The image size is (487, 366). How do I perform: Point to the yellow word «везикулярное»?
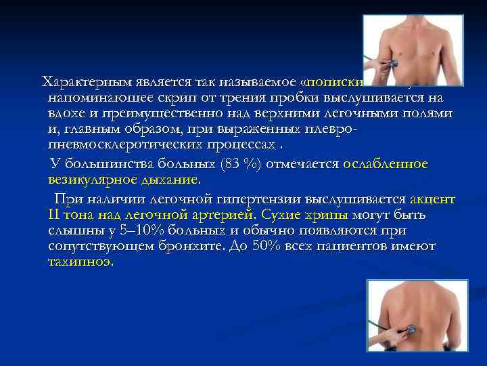(x=89, y=180)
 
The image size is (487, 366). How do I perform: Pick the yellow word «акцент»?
(x=433, y=199)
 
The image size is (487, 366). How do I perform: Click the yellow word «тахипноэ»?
(x=80, y=262)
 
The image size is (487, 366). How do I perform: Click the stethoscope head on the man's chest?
(x=391, y=62)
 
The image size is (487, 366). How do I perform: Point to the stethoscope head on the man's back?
(x=410, y=330)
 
